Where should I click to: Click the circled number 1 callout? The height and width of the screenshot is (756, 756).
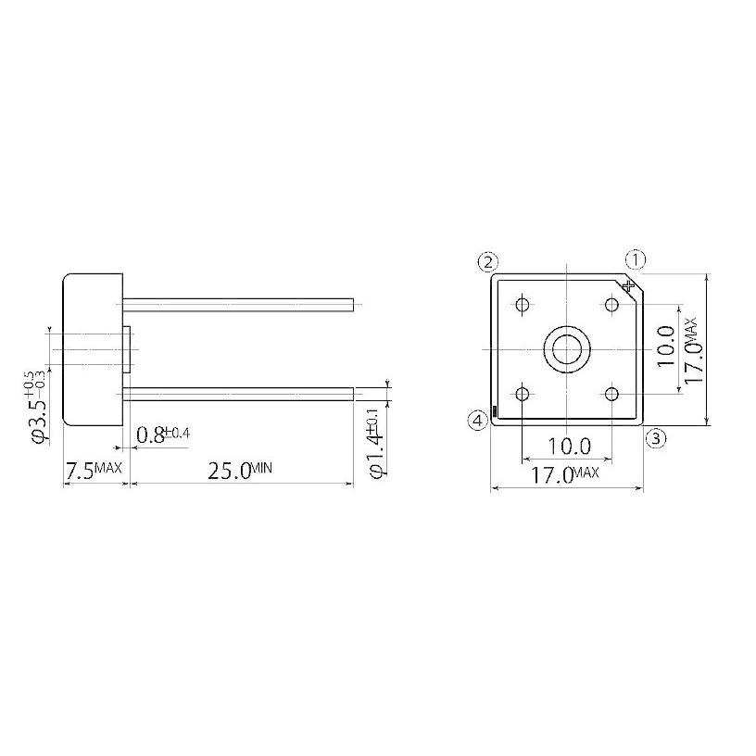click(636, 258)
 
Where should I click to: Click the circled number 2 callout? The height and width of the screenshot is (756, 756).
click(489, 261)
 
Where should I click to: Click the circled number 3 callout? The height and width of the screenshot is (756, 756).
click(654, 439)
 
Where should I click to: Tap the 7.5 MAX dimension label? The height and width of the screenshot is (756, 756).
click(93, 471)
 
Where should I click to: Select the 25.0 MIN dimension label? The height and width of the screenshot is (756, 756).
click(239, 471)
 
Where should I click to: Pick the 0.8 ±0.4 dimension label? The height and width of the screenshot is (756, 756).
click(164, 434)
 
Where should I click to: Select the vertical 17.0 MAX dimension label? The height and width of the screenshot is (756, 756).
click(694, 349)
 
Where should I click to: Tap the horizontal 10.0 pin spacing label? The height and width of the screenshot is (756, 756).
click(568, 446)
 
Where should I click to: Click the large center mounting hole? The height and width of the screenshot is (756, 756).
click(565, 349)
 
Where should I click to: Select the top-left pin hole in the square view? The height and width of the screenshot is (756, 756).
click(523, 305)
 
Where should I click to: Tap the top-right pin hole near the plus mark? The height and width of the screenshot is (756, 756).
click(611, 305)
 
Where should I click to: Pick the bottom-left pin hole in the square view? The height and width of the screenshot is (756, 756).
click(523, 395)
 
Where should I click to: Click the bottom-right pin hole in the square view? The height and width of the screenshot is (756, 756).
click(611, 395)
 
